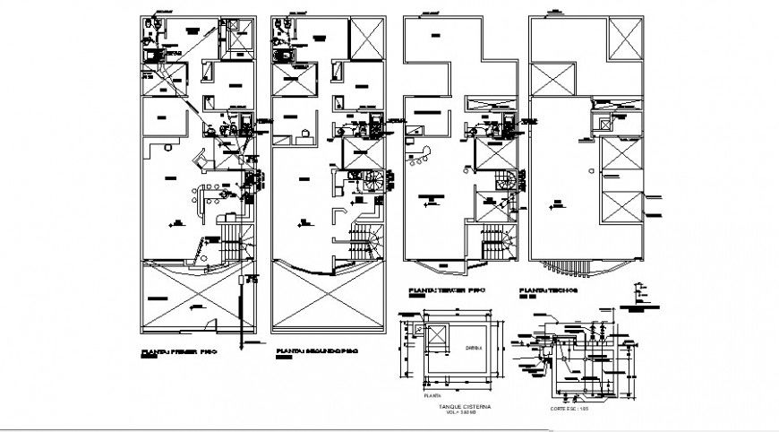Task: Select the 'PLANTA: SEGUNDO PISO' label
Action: (317, 352)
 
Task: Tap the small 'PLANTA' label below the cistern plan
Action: (427, 394)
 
